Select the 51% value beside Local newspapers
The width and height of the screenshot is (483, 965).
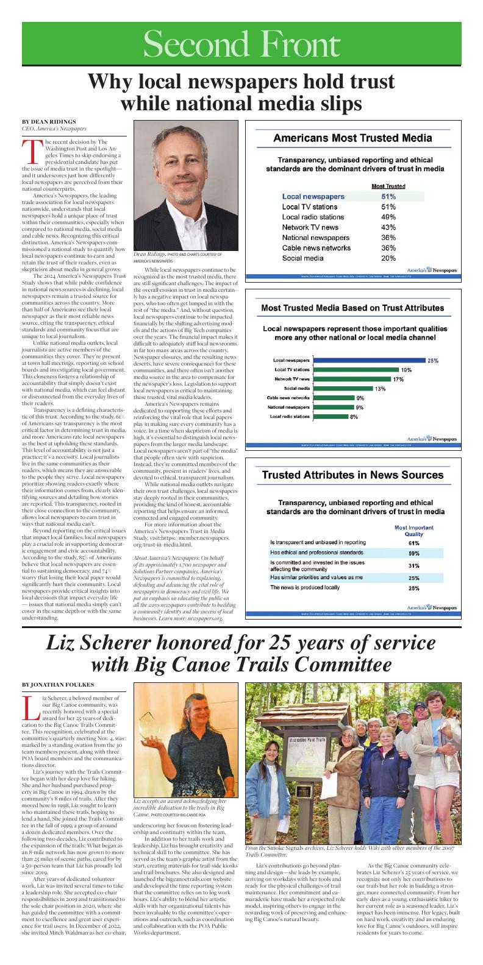388,197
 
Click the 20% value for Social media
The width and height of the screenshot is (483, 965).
388,258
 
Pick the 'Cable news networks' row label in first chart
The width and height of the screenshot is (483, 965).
316,248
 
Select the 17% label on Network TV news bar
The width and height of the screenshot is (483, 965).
398,379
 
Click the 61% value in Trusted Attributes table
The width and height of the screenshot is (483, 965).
413,542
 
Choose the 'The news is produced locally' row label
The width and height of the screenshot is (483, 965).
305,589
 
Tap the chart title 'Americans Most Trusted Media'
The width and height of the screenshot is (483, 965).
352,138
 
